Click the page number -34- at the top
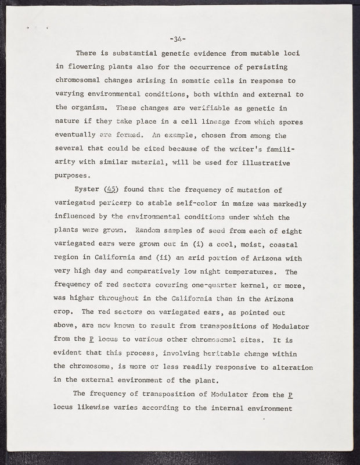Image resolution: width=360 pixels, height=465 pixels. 177,40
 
